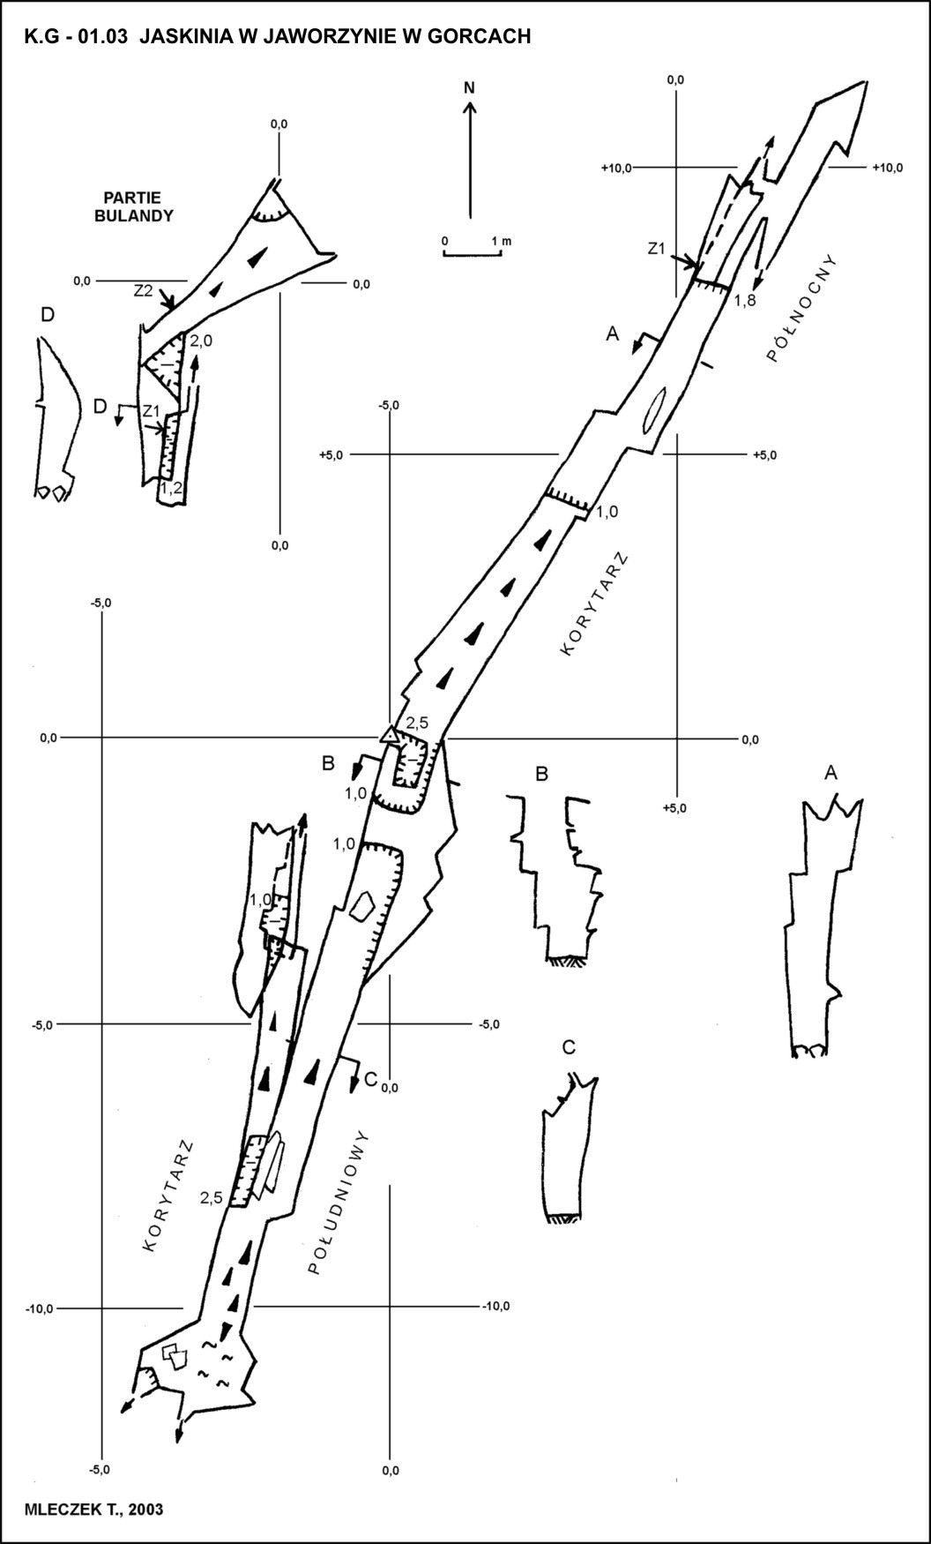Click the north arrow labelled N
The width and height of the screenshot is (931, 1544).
(470, 150)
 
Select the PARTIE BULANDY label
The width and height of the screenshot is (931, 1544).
(134, 206)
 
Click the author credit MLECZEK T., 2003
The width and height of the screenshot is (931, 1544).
(94, 1510)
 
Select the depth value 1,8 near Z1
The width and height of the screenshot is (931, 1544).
(746, 301)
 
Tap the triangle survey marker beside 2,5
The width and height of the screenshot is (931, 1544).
(388, 733)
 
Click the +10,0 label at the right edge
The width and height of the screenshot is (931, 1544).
(887, 168)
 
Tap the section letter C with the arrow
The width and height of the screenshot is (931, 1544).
(369, 1078)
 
